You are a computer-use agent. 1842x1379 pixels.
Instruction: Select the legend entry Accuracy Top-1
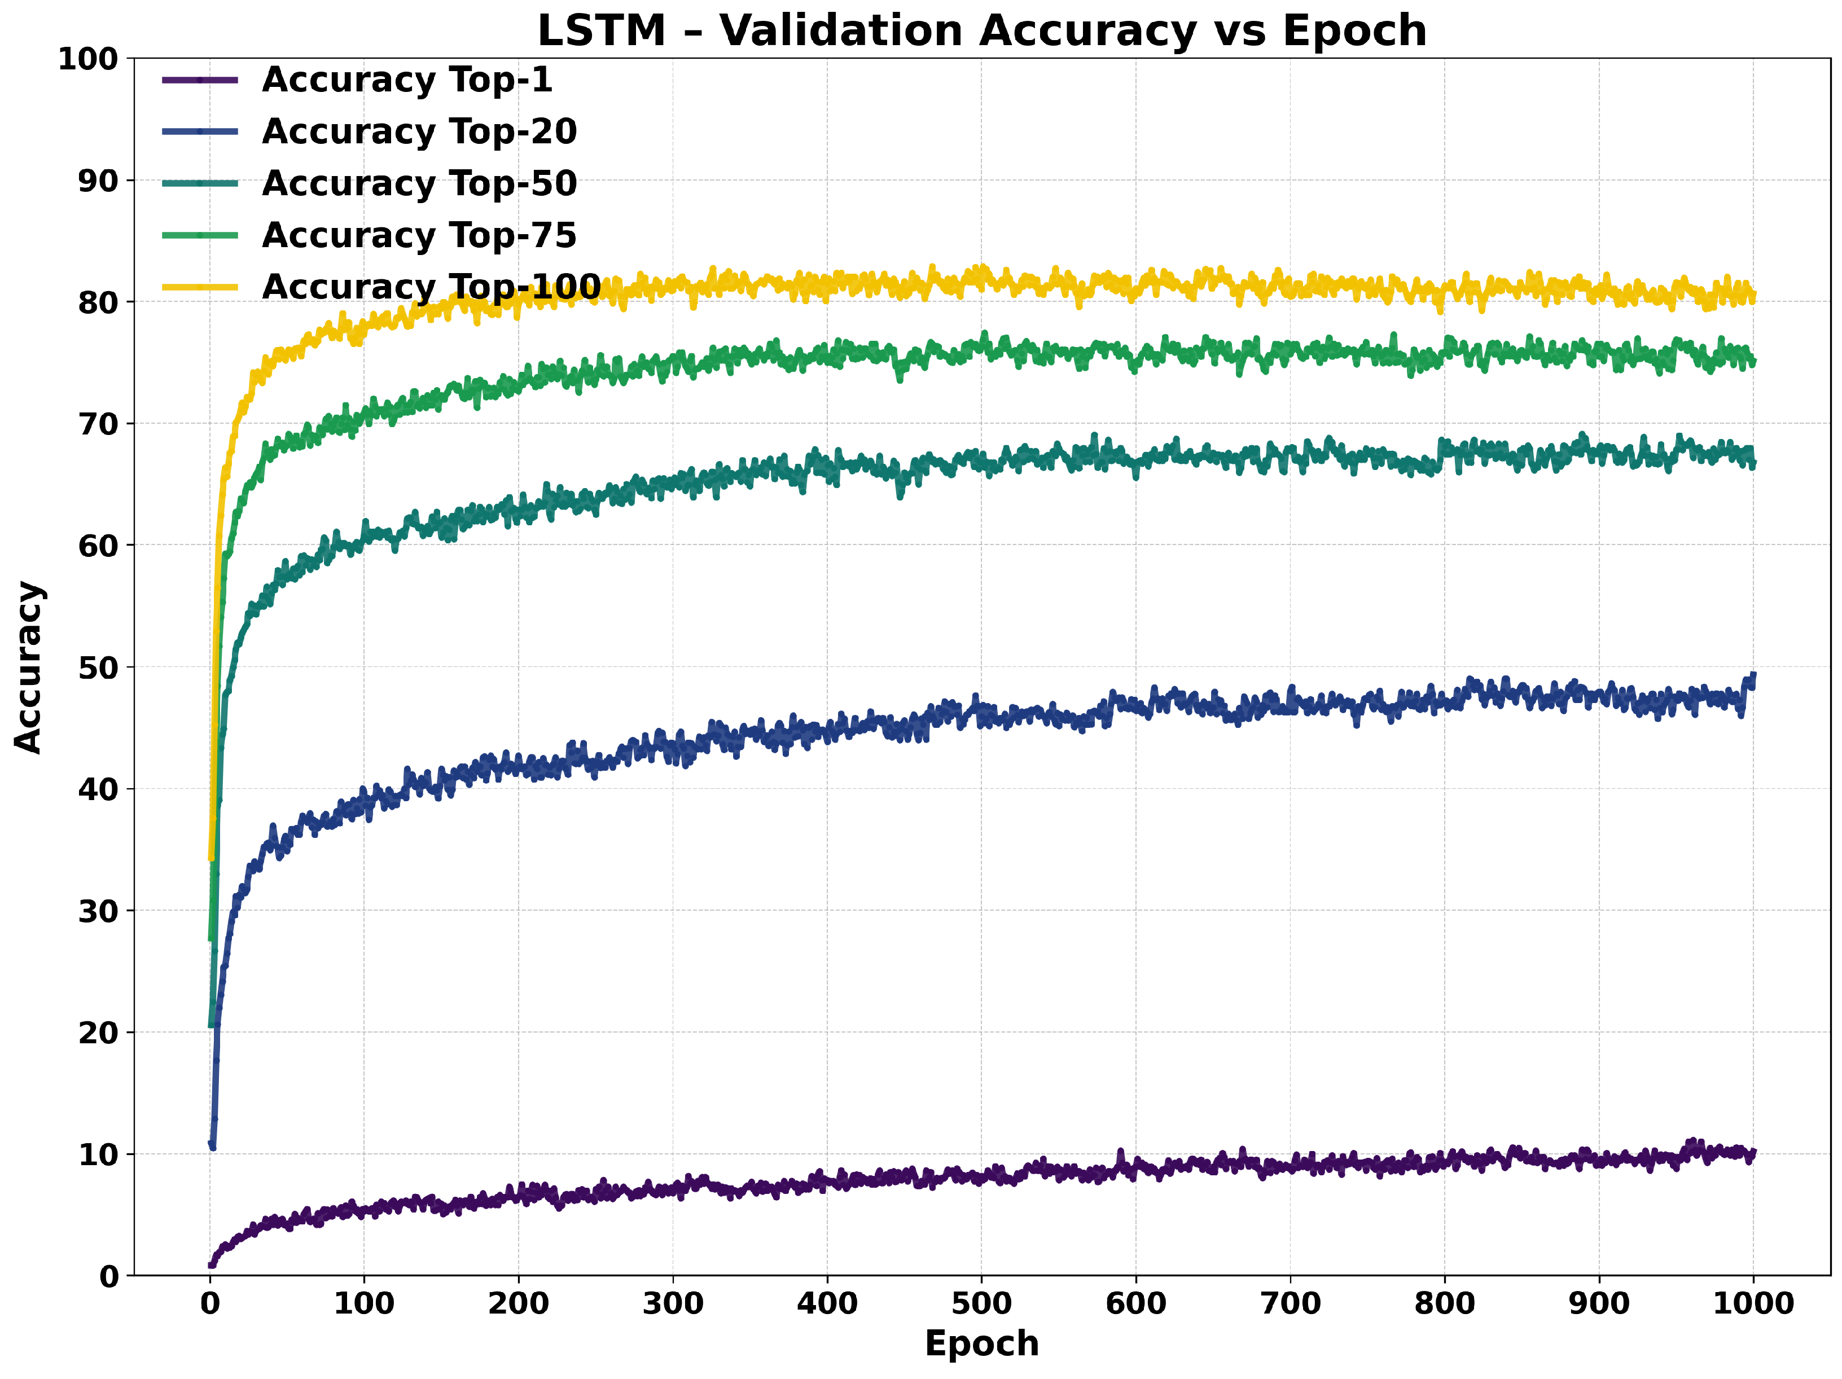coord(406,80)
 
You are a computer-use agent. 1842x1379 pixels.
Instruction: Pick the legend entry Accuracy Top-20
coord(419,131)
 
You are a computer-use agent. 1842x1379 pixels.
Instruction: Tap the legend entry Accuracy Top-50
coord(419,183)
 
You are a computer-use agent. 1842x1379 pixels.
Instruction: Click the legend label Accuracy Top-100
coord(431,287)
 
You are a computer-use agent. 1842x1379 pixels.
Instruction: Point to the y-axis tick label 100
coord(87,59)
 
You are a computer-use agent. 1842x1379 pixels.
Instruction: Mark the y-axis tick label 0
coord(109,1276)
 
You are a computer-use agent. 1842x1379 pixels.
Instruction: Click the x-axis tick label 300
coord(673,1303)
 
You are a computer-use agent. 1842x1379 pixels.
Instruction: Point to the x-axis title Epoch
coord(982,1343)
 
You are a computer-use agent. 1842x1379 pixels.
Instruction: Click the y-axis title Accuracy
coord(29,667)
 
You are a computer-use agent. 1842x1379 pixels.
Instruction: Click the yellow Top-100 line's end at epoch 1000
coord(1753,296)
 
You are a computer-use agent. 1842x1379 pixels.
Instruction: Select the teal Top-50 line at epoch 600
coord(1136,467)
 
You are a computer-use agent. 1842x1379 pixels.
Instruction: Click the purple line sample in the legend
coord(200,80)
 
